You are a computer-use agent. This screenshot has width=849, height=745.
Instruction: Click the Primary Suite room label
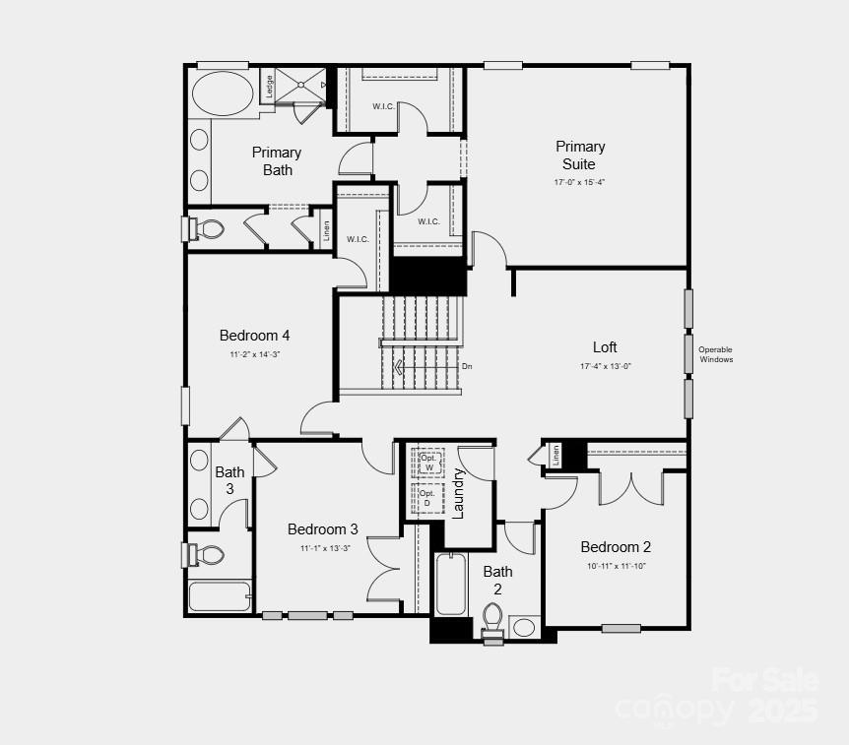coord(580,155)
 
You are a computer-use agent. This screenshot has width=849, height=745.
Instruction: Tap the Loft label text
coord(605,347)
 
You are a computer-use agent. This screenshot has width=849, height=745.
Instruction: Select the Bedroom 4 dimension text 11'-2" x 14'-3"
coord(255,354)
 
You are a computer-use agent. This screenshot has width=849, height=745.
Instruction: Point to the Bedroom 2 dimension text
coord(616,566)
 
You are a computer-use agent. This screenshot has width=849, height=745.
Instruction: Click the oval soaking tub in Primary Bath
coord(222,95)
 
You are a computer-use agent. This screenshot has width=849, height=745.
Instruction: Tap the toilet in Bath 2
coord(492,620)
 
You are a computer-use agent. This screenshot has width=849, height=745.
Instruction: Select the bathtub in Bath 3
coord(219,596)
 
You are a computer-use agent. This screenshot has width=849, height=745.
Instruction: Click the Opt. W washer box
coord(428,461)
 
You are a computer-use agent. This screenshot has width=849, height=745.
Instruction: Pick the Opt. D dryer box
coord(427,497)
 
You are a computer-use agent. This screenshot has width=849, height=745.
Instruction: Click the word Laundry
coord(458,492)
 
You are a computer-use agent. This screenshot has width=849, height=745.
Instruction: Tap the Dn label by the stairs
coord(467,367)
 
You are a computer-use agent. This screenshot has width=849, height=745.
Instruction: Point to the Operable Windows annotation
coord(716,354)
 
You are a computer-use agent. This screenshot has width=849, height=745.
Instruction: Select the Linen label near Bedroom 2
coord(555,455)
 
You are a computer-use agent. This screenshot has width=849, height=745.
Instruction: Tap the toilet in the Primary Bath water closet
coord(208,229)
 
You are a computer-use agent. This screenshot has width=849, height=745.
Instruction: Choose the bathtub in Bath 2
coord(451,584)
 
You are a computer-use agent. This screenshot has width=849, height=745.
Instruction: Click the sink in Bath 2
coord(524,627)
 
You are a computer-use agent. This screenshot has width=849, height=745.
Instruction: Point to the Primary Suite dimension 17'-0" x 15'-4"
coord(579,182)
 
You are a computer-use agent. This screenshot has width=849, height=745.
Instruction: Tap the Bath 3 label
coord(229,480)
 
